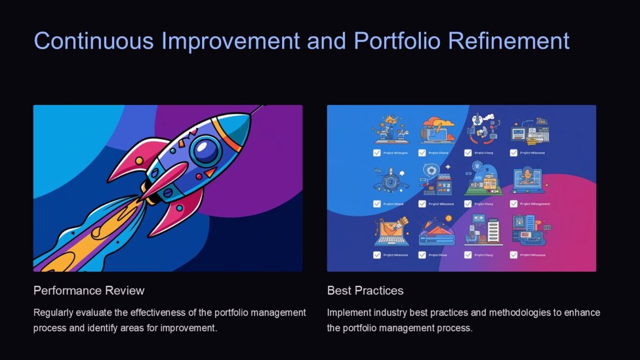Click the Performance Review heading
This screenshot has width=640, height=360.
click(x=89, y=291)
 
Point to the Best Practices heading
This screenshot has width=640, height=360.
click(x=365, y=291)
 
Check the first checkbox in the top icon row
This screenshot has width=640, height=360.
click(x=377, y=153)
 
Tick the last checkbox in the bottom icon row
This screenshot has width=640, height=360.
click(x=514, y=255)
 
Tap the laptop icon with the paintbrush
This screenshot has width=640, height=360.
click(x=392, y=232)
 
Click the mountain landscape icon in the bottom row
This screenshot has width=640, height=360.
click(x=436, y=234)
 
